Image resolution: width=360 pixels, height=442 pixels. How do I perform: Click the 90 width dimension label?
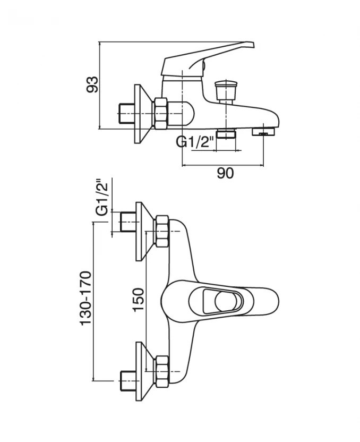tap(225, 174)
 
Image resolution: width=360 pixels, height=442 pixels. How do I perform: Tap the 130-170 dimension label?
tap(86, 298)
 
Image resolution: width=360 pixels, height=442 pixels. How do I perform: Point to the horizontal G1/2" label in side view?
tap(195, 143)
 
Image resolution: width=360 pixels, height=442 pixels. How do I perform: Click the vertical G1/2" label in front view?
tap(101, 198)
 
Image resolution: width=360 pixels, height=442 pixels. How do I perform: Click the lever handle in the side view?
tap(212, 55)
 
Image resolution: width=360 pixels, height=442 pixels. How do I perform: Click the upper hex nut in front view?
tap(161, 231)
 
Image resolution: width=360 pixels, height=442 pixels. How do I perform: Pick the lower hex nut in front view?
tap(161, 370)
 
